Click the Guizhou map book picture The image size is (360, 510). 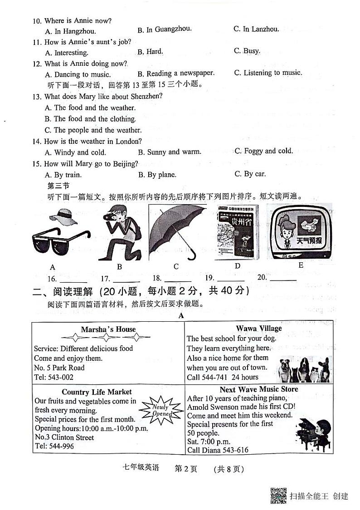[x=237, y=233]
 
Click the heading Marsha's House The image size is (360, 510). [x=108, y=329]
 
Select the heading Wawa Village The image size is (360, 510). [x=258, y=329]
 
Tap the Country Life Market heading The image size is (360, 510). [x=97, y=392]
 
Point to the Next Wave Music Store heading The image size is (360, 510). [x=259, y=389]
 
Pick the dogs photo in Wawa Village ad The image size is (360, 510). [x=304, y=369]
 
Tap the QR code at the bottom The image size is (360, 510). [x=278, y=495]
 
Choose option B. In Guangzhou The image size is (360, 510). [x=164, y=30]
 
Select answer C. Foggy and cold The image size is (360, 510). [x=263, y=151]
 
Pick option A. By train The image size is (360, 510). [x=63, y=175]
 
